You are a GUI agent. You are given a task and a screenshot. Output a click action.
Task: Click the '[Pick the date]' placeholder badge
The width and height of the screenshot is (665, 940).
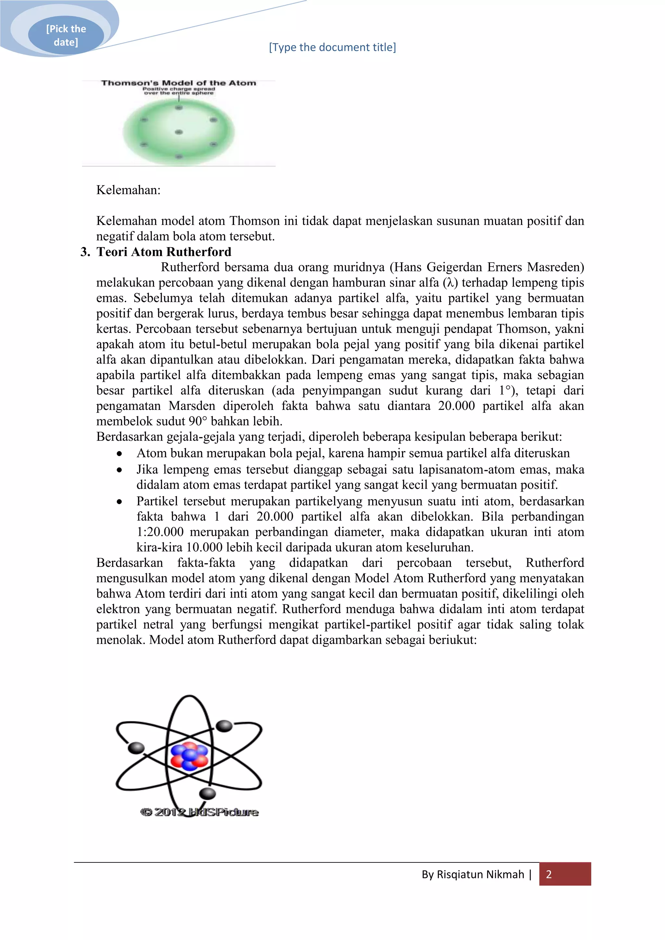[x=66, y=35]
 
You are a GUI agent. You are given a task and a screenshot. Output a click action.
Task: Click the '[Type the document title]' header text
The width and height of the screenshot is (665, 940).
[x=332, y=47]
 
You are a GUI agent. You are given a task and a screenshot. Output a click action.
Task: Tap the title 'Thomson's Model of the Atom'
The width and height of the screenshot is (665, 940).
[x=179, y=83]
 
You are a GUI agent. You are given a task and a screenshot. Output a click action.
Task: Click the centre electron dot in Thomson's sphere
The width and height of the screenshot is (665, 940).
[x=179, y=132]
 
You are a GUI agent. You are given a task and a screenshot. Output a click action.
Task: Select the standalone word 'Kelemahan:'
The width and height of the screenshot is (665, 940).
[x=128, y=190]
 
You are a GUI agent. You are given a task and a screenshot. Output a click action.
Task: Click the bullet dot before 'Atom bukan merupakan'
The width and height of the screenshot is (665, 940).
[x=119, y=454]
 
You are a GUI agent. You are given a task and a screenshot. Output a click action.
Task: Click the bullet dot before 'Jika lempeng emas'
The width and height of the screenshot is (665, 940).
[x=119, y=470]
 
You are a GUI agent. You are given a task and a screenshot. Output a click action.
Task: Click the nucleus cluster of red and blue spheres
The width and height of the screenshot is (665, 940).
[x=189, y=755]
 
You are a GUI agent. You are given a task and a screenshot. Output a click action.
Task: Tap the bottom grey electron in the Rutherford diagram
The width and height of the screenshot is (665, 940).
[x=207, y=793]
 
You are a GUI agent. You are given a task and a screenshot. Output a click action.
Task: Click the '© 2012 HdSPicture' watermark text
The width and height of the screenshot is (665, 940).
[x=199, y=811]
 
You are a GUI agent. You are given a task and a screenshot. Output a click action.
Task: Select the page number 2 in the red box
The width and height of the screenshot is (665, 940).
[x=548, y=874]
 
